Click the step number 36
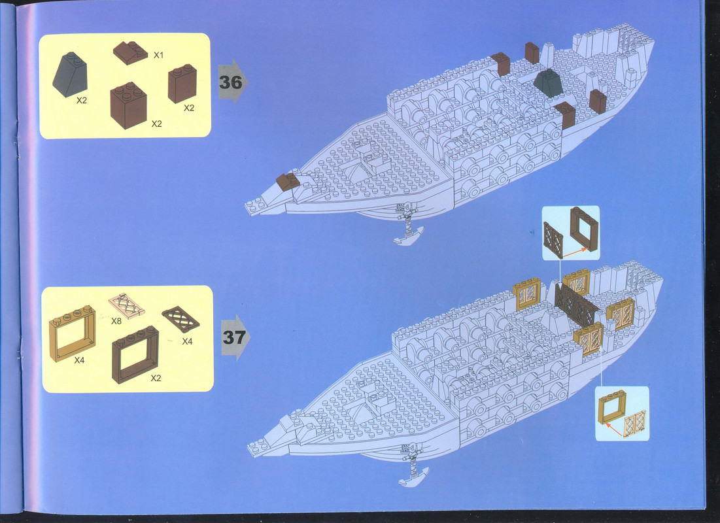point(230,82)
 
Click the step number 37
point(233,337)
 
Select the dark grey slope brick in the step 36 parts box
point(70,74)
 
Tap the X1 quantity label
point(158,55)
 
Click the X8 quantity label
point(116,322)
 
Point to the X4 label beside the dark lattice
point(187,341)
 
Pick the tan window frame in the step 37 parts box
point(72,333)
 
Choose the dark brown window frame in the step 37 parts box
point(135,354)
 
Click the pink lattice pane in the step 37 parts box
point(126,305)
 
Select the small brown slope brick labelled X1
point(130,52)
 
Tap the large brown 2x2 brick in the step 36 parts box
point(128,105)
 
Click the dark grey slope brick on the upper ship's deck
point(548,83)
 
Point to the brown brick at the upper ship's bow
point(288,182)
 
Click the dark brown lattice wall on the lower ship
point(576,305)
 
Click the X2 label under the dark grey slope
point(82,101)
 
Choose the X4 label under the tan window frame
point(79,360)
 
